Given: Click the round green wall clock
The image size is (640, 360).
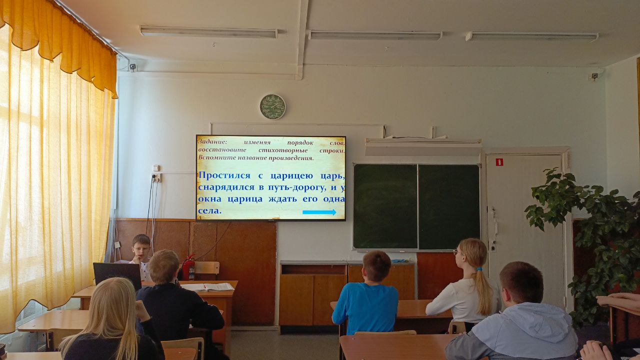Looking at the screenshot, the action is [272, 106].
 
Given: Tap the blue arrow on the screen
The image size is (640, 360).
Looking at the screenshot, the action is [319, 212].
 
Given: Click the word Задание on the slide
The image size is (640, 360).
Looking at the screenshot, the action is [212, 142].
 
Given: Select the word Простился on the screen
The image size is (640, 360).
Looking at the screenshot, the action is [224, 175].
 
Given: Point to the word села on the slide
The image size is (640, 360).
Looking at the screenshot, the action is [209, 211].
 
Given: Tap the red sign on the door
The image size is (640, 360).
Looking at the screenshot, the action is [499, 162].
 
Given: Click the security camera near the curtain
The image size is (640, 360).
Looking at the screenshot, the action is [132, 67].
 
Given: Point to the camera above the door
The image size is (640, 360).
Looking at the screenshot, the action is [595, 76].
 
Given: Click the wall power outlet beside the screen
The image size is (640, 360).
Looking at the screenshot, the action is [156, 178].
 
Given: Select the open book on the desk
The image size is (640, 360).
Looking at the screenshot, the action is [207, 286].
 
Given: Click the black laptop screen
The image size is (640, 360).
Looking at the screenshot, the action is [117, 275].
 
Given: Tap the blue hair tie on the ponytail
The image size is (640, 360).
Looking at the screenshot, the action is [479, 269].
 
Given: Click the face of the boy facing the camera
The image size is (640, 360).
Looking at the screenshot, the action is [140, 250].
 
